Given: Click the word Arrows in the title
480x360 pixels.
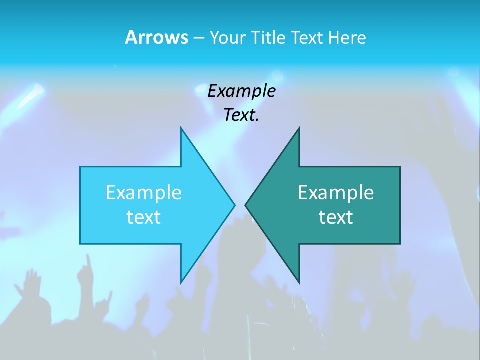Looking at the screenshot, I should pos(156,37).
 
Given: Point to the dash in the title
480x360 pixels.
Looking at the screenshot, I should pos(198,38).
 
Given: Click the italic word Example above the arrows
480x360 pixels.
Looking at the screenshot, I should pos(241,91).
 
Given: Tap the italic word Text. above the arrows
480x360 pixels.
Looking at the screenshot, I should pos(241,115).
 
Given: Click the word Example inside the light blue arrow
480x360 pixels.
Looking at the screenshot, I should pos(144,192).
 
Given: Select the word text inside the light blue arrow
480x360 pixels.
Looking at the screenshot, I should pos(144,217).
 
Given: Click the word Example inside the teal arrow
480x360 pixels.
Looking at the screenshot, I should pos(336,192).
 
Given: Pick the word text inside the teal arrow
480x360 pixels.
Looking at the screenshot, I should pos(336,217).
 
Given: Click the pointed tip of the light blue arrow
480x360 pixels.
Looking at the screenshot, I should pos(234,205).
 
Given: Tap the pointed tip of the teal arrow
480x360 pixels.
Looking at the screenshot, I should pos(246,205).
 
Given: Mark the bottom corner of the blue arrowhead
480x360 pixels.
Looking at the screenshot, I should pos(181,282).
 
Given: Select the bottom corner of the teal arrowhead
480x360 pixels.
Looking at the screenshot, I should pos(299,282).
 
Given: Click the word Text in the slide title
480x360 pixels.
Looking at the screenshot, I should pos(307,37).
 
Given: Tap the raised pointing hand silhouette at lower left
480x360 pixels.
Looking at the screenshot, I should pos(87,265).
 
